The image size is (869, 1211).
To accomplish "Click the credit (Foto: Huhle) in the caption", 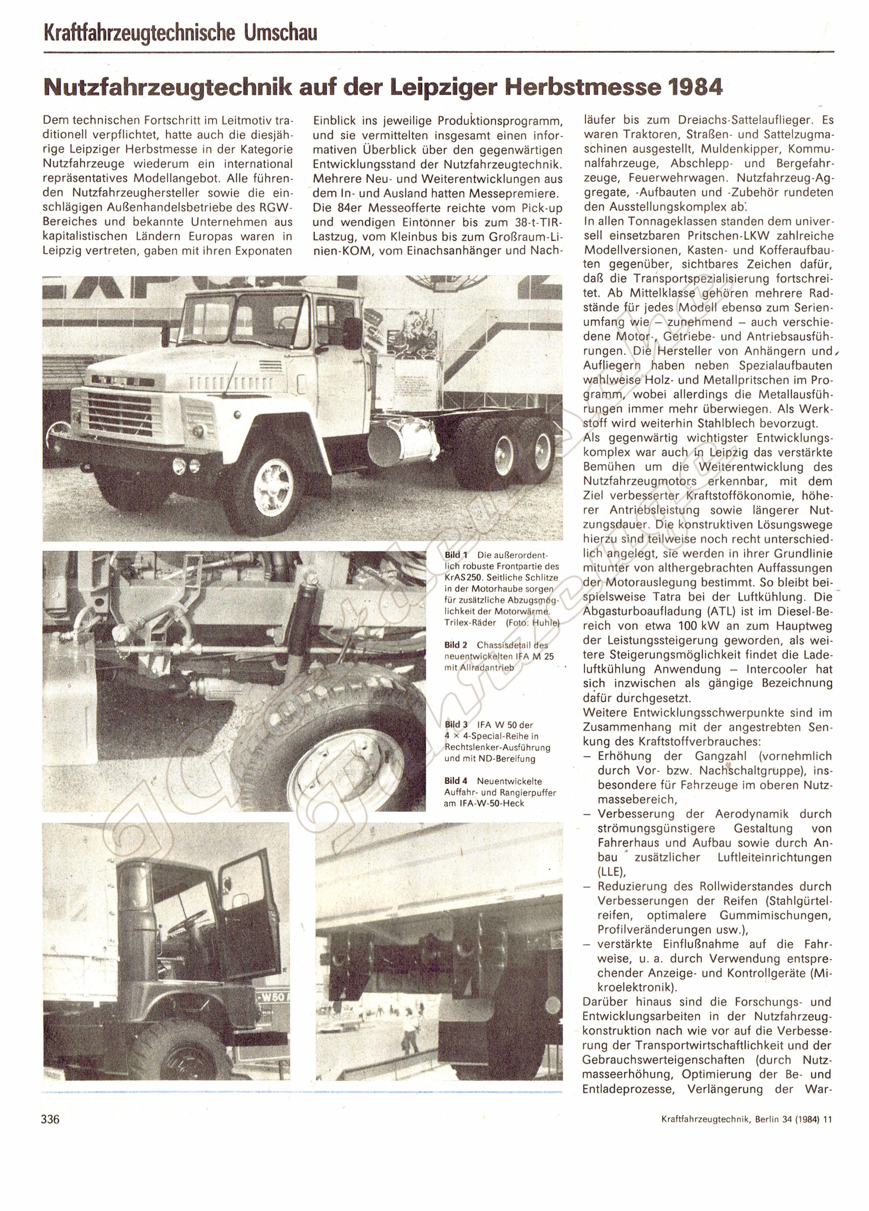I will click(531, 623).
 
